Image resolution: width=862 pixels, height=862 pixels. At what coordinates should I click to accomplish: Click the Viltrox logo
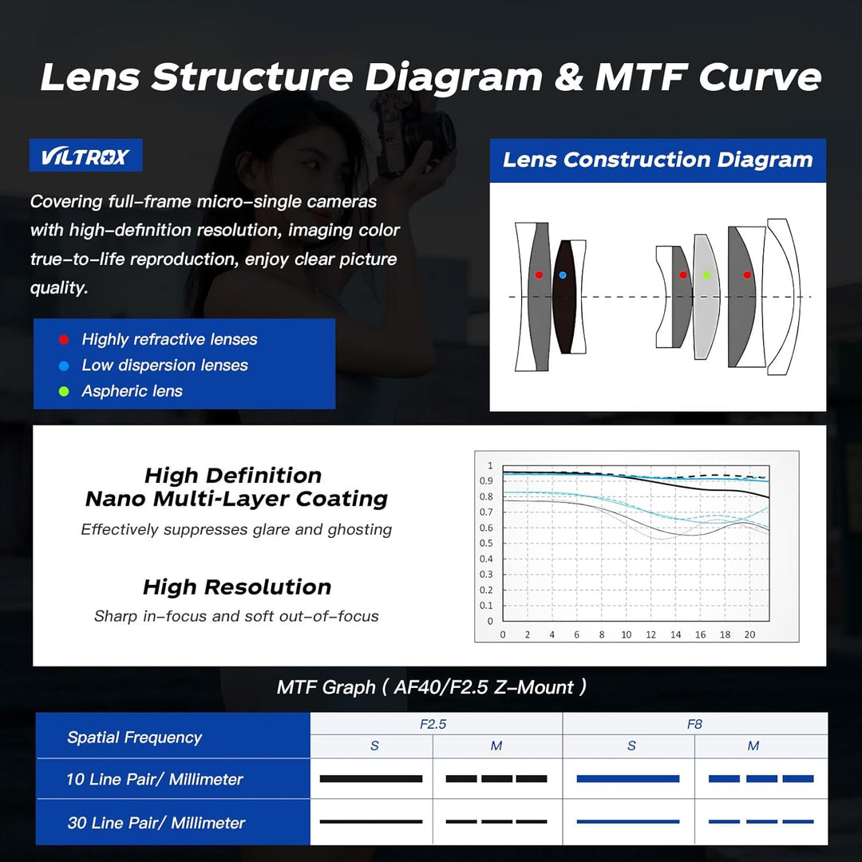pos(85,156)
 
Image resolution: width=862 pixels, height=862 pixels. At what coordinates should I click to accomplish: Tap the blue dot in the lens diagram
pos(563,275)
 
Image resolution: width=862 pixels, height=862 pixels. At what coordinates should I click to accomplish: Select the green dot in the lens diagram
pos(707,275)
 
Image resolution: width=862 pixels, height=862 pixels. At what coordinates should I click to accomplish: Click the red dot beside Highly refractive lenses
pos(64,340)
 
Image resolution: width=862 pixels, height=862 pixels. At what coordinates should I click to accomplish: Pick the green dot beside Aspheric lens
pos(64,391)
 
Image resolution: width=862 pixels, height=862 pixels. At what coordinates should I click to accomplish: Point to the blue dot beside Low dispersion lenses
pos(64,366)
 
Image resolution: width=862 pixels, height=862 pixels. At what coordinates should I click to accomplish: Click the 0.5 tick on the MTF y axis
pos(486,544)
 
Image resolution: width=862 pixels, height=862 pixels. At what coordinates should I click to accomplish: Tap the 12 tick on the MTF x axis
pos(651,635)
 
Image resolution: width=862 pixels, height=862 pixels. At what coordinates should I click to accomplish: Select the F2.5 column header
pos(433,724)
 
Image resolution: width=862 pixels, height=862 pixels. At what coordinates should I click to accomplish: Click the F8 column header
pos(694,724)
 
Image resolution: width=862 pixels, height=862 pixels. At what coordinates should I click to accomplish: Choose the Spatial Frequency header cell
pos(135,737)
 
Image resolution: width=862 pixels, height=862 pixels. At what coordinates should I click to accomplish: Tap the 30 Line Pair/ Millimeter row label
pos(156,822)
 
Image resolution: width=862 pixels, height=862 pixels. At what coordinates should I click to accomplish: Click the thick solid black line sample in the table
pos(371,778)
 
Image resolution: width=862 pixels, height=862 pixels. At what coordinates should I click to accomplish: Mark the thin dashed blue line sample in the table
pos(761,821)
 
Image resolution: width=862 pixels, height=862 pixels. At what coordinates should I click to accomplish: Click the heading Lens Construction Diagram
pos(658,160)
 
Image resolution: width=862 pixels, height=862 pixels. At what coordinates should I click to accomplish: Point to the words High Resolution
pos(237,587)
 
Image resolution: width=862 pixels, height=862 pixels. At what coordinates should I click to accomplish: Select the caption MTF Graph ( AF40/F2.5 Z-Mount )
pos(432,687)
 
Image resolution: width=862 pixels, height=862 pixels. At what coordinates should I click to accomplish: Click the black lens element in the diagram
pos(564,297)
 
